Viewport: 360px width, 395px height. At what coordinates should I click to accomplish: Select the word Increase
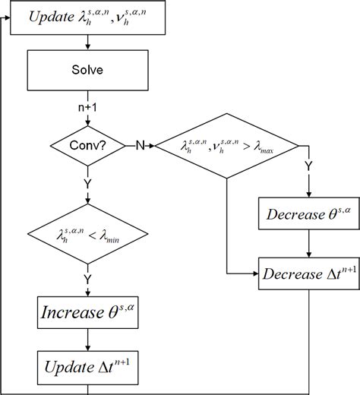(x=71, y=312)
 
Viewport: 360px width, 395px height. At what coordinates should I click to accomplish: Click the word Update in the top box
(x=54, y=17)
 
